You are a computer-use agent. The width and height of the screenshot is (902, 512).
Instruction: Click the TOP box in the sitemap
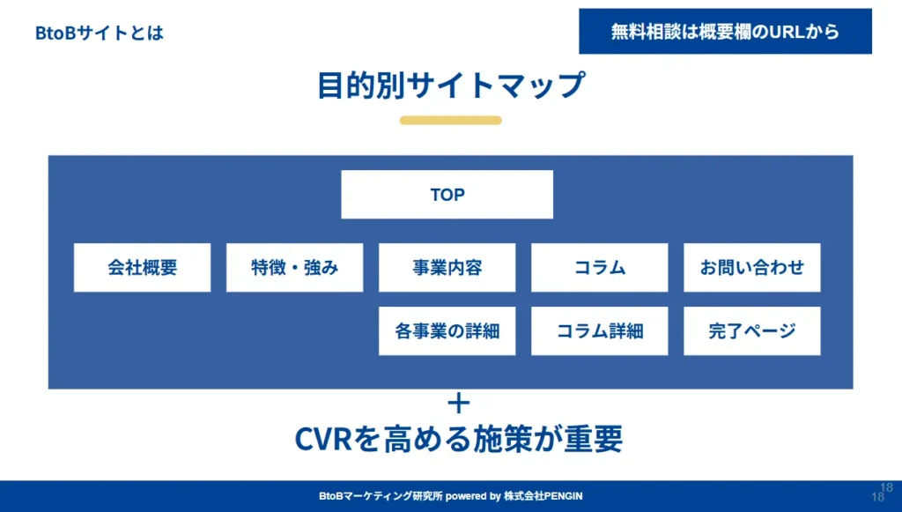447,195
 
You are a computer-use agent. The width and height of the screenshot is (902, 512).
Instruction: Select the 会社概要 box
142,268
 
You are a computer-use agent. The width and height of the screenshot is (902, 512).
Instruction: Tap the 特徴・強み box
294,268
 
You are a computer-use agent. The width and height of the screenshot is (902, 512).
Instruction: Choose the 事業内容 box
447,268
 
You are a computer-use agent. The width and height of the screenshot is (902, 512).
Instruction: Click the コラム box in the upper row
599,268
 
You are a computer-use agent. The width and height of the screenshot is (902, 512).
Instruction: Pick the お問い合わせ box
751,268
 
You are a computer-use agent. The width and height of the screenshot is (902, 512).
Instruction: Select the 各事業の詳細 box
447,331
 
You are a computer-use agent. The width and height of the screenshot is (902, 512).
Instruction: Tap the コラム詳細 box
599,331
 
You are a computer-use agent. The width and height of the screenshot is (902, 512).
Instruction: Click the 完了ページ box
751,331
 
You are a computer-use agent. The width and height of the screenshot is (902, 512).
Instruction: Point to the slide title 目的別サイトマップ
450,85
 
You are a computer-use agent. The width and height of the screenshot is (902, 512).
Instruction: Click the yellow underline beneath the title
450,121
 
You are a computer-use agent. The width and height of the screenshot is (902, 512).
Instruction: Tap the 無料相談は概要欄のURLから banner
725,32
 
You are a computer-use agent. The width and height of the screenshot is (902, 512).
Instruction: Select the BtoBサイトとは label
99,33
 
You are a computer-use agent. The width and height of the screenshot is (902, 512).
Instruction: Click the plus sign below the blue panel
458,404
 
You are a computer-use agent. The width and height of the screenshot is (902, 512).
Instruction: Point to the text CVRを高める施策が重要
458,438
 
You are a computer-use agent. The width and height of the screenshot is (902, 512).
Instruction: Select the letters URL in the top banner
787,32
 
